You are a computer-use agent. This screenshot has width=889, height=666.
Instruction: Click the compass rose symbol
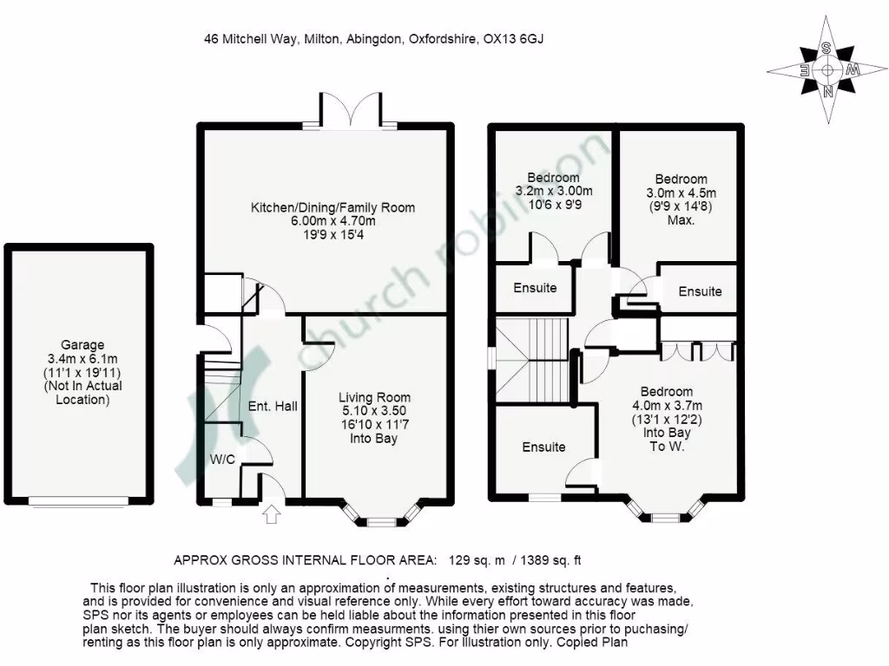click(x=826, y=70)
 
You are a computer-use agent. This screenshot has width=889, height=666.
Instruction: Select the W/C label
click(x=222, y=460)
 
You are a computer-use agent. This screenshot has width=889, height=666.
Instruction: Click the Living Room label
click(x=374, y=397)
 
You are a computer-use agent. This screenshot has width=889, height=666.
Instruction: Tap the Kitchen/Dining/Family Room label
click(x=333, y=207)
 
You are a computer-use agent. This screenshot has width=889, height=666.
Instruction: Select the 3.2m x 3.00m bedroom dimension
click(x=554, y=192)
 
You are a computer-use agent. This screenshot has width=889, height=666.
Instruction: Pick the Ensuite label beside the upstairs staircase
click(x=543, y=447)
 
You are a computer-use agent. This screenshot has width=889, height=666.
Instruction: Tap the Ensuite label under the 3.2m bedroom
click(x=534, y=288)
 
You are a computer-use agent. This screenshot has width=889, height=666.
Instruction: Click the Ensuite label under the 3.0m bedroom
click(x=700, y=291)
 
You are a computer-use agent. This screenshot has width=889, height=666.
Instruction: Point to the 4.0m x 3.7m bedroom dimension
click(x=667, y=405)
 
